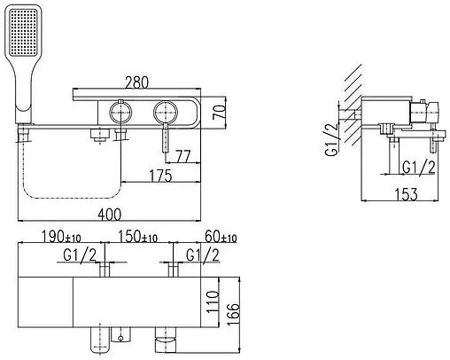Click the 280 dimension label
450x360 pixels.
(136, 82)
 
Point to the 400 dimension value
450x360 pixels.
(109, 215)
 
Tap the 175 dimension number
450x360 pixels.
(160, 176)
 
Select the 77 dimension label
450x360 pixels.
(183, 156)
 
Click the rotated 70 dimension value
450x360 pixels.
(220, 112)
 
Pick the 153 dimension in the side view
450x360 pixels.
(407, 194)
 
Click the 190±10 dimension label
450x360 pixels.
(61, 237)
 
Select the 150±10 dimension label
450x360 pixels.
(137, 237)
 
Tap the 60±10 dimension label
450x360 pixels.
(221, 237)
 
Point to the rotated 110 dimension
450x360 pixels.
(213, 302)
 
